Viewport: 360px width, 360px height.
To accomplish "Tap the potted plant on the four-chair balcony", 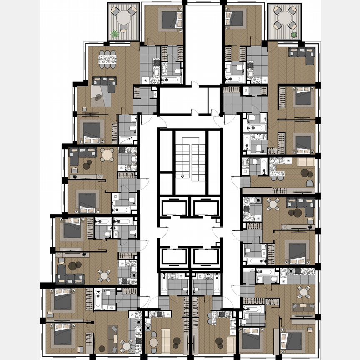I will [x=294, y=35].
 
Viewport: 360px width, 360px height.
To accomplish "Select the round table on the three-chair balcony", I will [x=123, y=17].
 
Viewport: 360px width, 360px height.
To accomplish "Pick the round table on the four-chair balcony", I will [x=285, y=17].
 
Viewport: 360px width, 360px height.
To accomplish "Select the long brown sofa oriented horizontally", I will [x=303, y=306].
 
